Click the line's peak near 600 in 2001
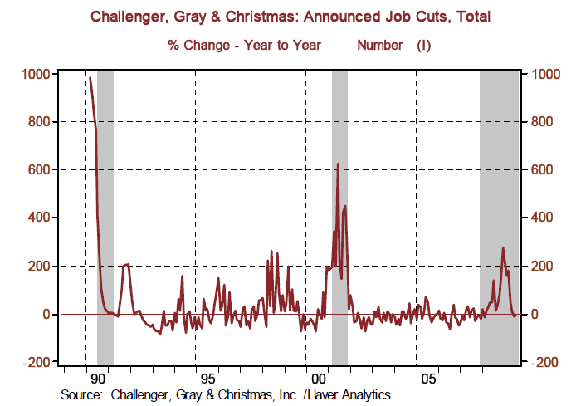338,164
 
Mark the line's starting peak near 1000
90,78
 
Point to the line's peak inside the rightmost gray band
503,248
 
